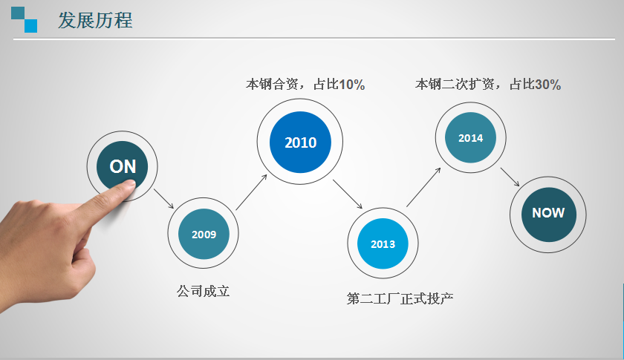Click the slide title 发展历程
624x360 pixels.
(x=95, y=20)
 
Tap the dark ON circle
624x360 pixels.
(x=122, y=166)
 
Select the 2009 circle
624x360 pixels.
(x=204, y=234)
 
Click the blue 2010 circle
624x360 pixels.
(x=300, y=142)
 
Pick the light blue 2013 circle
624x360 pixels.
(x=383, y=243)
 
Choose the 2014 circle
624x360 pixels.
(x=470, y=137)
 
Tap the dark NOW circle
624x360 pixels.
(x=548, y=215)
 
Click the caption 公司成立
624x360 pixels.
(x=204, y=291)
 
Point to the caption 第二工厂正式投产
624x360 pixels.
(x=400, y=298)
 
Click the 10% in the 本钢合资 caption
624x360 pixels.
(x=352, y=85)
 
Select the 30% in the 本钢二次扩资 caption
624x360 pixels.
(x=548, y=85)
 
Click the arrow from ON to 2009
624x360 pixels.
(x=164, y=198)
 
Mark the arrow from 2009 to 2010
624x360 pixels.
(x=251, y=192)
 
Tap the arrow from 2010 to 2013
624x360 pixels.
(x=348, y=194)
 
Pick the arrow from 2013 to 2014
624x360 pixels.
(x=423, y=187)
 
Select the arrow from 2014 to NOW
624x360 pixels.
(x=510, y=177)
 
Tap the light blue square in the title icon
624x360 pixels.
(x=31, y=26)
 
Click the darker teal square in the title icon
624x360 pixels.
(x=18, y=13)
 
